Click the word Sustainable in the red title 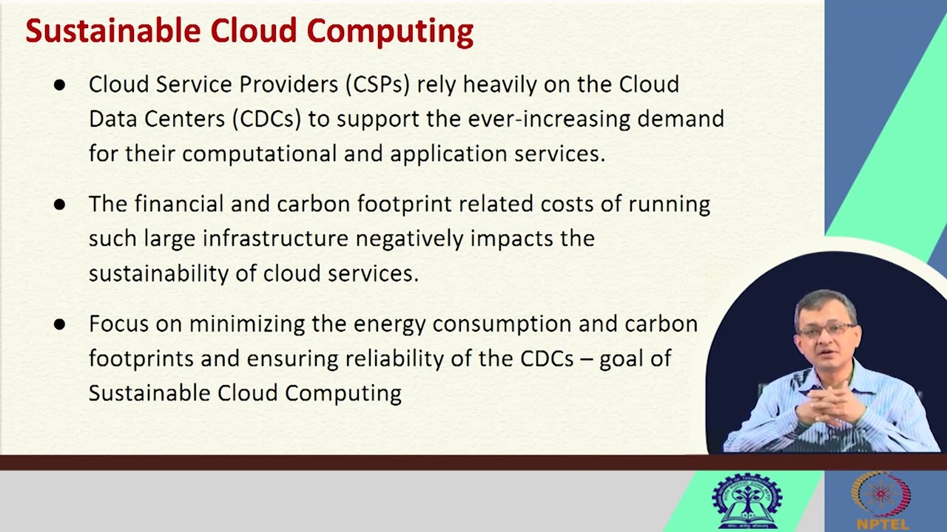(112, 32)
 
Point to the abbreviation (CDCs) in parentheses (266, 119)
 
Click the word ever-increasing (549, 119)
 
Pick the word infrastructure (275, 239)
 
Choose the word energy (390, 324)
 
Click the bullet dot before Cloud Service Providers (59, 85)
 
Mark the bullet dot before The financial (59, 205)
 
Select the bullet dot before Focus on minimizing (59, 324)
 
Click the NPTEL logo (880, 499)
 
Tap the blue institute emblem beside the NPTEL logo (747, 500)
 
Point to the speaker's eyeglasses (826, 329)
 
